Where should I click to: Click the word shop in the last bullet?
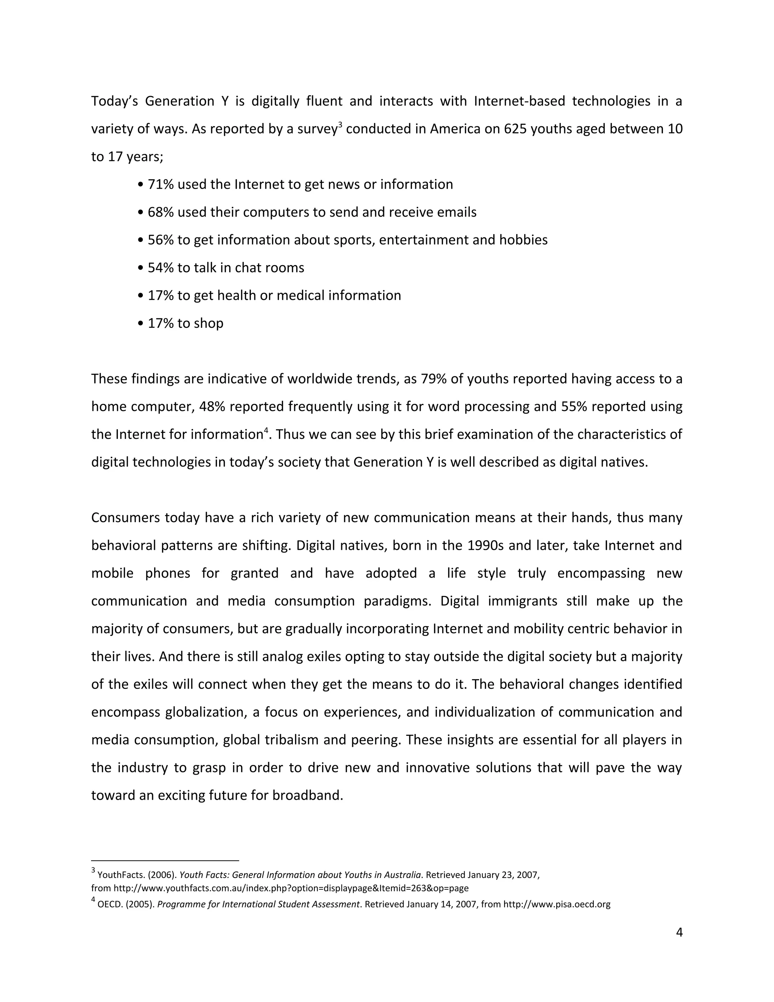(x=209, y=323)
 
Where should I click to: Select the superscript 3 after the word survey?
(x=340, y=125)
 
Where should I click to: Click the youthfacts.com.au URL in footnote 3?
(x=291, y=888)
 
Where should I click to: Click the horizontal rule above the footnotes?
(x=165, y=861)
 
